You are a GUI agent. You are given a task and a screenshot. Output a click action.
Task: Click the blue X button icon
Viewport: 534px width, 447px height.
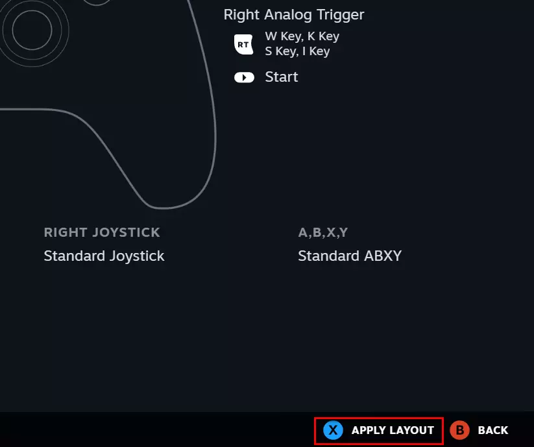pos(333,430)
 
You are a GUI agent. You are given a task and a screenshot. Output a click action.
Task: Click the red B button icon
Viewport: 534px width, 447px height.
pos(459,430)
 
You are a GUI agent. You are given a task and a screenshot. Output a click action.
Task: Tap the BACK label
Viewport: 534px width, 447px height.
pos(492,430)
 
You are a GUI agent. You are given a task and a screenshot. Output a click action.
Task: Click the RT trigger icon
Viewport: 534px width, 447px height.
pos(243,44)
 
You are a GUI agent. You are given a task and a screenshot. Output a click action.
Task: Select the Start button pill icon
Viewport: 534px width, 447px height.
pos(244,78)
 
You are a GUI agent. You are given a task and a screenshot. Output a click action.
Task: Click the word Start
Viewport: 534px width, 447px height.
pos(282,77)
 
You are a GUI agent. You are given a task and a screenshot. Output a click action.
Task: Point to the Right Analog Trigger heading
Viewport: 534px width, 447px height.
pos(294,15)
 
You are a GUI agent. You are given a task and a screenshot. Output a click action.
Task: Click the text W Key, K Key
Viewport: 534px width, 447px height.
pos(302,36)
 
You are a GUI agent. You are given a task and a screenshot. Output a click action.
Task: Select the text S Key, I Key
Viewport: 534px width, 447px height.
pos(297,51)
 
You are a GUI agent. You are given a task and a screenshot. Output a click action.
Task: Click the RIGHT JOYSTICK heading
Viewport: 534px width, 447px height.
pos(102,232)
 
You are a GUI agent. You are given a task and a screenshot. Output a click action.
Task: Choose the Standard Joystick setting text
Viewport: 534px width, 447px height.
pos(104,256)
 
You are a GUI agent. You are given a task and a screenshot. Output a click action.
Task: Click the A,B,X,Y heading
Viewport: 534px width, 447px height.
pos(323,232)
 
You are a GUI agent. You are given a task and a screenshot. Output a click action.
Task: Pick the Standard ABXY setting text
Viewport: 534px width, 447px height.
pos(350,256)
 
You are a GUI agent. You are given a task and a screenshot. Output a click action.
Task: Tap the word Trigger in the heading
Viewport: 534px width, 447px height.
pos(340,15)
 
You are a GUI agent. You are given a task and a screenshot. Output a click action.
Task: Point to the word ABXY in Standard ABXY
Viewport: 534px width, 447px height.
pos(383,256)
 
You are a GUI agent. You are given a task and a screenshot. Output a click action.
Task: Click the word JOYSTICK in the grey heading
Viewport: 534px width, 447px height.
pos(126,232)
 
